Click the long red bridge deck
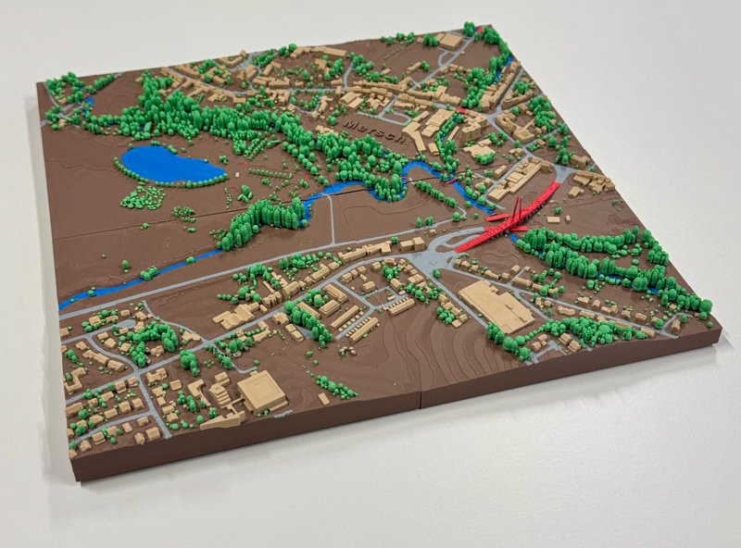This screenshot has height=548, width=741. [508, 220]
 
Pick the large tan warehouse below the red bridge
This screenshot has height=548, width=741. [496, 306]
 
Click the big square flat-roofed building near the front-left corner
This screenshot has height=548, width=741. [262, 392]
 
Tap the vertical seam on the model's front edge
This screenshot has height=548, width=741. [421, 398]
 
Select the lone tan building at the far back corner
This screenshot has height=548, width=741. [450, 41]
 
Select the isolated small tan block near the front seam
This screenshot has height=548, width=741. [323, 398]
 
